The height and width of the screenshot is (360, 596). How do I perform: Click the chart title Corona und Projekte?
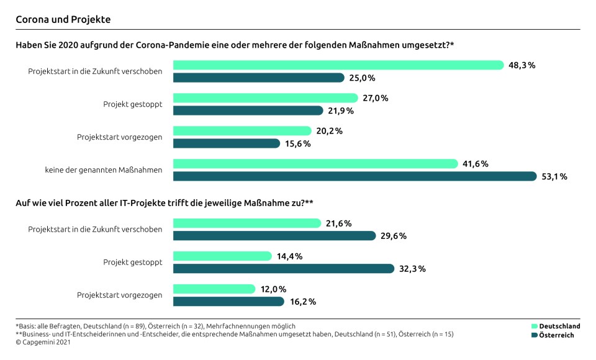click(63, 19)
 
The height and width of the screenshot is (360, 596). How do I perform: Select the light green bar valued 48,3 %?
click(338, 65)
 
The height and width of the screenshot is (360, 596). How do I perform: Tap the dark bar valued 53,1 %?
click(354, 176)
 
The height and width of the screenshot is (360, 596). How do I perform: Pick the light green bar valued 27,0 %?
click(265, 98)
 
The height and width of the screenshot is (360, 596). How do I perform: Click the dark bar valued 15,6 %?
click(227, 143)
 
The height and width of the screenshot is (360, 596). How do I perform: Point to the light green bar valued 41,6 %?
click(315, 164)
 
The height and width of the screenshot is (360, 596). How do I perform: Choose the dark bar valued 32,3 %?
click(283, 269)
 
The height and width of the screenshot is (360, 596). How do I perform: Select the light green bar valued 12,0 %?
click(214, 289)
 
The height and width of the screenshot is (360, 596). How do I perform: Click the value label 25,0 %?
click(363, 78)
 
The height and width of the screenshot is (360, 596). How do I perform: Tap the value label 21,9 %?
click(341, 110)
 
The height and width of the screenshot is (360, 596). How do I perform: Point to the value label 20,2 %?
click(330, 131)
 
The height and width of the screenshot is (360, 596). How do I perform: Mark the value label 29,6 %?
click(394, 236)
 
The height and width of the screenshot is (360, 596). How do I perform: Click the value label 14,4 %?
click(290, 256)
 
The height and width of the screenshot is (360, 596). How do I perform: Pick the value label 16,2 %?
click(304, 302)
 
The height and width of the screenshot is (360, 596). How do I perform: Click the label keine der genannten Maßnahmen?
click(103, 170)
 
